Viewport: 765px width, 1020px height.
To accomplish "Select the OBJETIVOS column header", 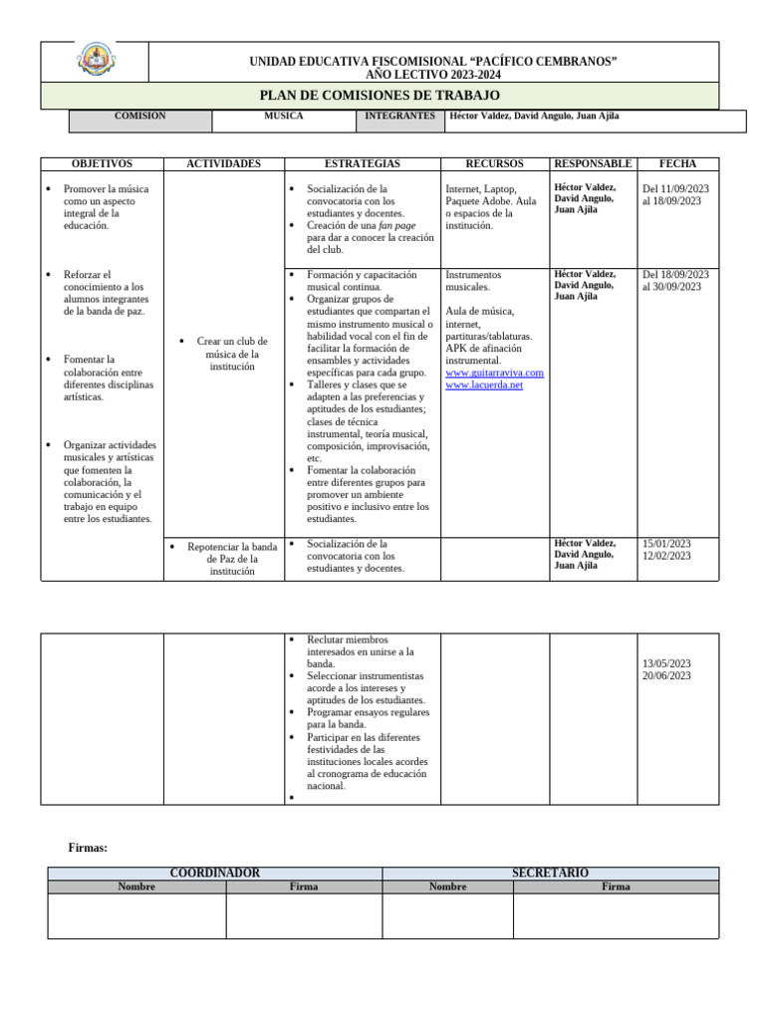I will [x=102, y=163].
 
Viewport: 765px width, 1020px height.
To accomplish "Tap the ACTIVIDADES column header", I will [x=224, y=163].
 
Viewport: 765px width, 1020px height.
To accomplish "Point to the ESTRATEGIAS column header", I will [x=363, y=163].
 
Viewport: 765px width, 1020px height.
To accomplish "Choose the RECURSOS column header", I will [x=495, y=163].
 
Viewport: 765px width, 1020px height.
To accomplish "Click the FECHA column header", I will [x=677, y=163].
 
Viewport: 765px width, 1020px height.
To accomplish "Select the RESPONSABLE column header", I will [x=593, y=163].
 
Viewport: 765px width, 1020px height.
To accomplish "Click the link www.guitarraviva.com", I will [x=495, y=373].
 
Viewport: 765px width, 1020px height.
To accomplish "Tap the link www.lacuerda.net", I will [x=484, y=384].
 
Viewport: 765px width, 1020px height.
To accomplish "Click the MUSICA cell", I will [x=283, y=117].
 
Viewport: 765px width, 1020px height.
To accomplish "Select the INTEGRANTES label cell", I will [x=399, y=117].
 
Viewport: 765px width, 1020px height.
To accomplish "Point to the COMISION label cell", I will [x=140, y=117].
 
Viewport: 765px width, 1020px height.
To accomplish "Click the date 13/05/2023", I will [x=666, y=663].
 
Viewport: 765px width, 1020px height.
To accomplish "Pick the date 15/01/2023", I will [x=666, y=544].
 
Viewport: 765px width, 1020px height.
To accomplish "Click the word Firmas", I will [x=88, y=848].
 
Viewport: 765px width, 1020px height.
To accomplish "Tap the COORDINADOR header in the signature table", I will [x=215, y=873].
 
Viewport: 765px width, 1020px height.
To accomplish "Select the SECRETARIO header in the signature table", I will [x=550, y=873].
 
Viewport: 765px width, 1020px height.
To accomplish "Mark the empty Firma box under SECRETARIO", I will [x=616, y=915].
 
